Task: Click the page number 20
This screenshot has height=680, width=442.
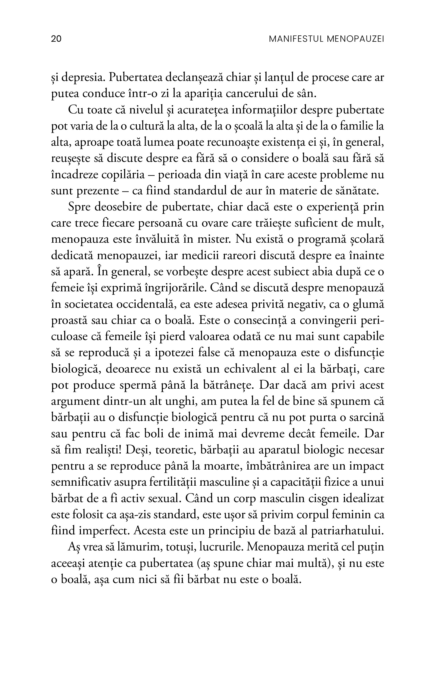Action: tap(56, 39)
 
